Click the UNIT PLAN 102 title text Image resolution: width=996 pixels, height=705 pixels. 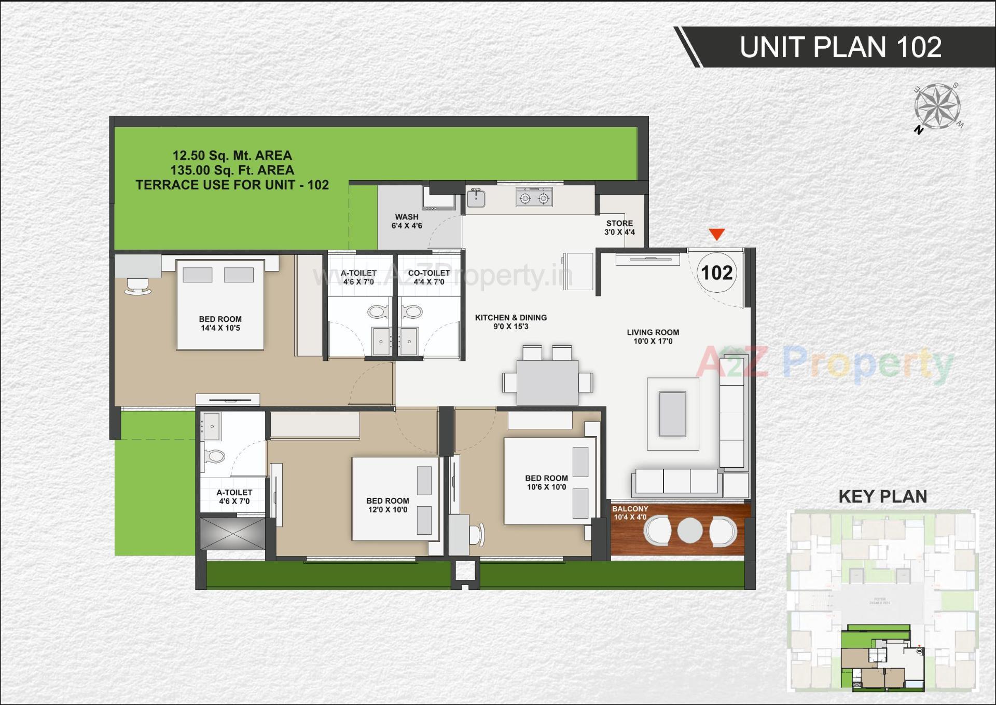[x=840, y=47]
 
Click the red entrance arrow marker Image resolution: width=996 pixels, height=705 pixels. [x=716, y=235]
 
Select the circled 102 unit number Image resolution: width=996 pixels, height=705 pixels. [x=716, y=273]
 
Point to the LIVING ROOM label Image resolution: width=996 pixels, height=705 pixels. [x=653, y=332]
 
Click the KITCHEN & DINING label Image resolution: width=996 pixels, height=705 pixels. [x=511, y=318]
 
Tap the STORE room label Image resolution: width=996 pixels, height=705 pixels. [x=619, y=223]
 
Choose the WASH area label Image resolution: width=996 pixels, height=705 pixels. [x=407, y=217]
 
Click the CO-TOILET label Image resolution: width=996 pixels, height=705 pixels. [x=429, y=273]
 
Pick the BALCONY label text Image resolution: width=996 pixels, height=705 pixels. [x=630, y=509]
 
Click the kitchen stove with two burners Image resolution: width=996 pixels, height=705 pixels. [x=534, y=198]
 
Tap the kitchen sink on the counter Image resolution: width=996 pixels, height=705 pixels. [x=476, y=198]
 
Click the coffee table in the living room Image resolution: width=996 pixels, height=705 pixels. [x=672, y=414]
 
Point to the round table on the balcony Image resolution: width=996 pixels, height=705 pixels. [x=689, y=531]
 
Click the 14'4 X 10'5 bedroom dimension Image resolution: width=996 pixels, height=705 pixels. [x=220, y=328]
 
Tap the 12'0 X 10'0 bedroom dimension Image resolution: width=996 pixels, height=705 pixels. [x=388, y=510]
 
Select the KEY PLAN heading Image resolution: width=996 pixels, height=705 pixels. [x=882, y=497]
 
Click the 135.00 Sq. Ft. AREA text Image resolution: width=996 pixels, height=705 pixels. [x=232, y=170]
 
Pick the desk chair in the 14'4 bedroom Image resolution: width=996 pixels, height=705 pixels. [x=138, y=286]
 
